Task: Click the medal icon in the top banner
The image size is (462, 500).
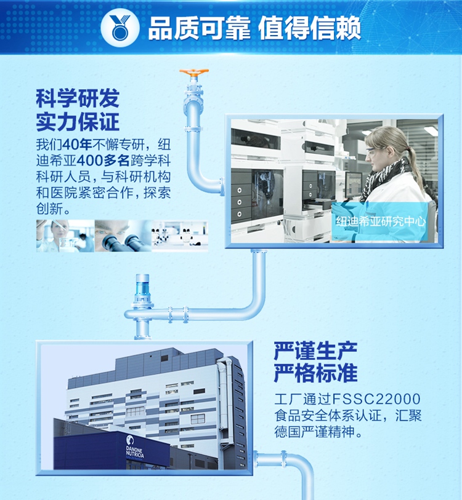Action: point(120,28)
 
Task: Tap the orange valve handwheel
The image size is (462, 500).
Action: point(194,73)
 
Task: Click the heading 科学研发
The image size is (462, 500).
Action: point(78,98)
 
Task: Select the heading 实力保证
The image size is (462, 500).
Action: point(78,122)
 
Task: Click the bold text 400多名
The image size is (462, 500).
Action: point(103,161)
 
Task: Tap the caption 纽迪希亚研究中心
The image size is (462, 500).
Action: point(381,221)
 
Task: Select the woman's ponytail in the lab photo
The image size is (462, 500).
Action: point(416,166)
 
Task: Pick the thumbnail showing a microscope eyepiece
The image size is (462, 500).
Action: point(123,236)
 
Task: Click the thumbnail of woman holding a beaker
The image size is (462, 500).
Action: point(65,236)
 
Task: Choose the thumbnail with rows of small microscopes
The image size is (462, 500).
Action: point(180,236)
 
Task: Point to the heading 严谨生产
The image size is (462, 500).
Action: point(315,351)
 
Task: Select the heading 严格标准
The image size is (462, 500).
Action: point(315,373)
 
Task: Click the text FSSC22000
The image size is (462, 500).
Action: point(376,399)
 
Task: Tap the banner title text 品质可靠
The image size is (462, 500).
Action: point(199,28)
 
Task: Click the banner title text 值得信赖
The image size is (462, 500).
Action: point(309,28)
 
